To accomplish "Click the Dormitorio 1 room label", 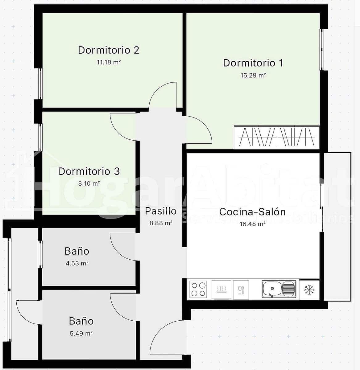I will [253, 63].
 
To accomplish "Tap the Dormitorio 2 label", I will [109, 50].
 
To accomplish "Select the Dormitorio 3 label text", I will [89, 171].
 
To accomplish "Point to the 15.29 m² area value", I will [253, 75].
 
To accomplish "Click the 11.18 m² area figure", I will [109, 62].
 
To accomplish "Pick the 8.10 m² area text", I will [89, 183].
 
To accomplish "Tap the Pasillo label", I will [161, 211].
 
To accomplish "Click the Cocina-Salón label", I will [252, 212].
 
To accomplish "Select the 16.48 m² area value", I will [252, 224].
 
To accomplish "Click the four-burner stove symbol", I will [198, 289].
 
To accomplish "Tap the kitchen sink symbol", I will [279, 289].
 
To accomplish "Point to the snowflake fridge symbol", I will [309, 290].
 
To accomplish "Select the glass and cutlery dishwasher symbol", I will [241, 290].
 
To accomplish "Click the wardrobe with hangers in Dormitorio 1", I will [276, 137].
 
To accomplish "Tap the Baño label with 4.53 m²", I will [77, 251].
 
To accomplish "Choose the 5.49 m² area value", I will [81, 333].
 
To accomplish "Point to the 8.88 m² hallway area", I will [161, 223].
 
